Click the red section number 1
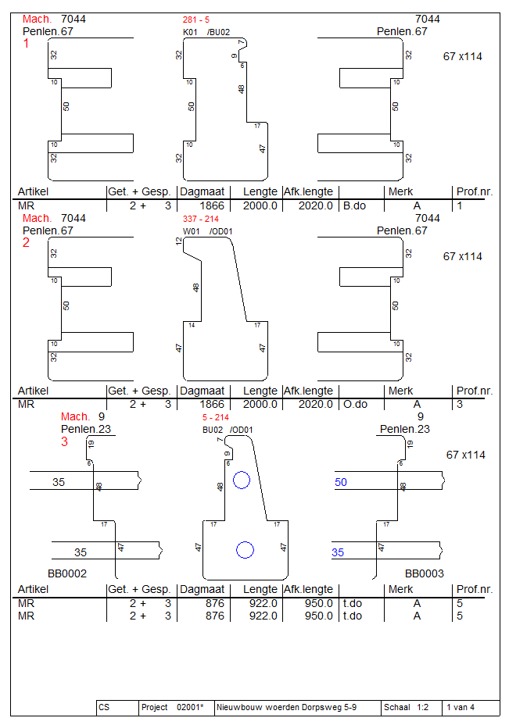click(27, 45)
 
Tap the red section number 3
click(65, 442)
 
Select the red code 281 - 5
click(195, 20)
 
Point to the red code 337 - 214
click(200, 219)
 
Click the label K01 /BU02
click(206, 32)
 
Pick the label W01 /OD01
click(207, 231)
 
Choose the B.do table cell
click(355, 206)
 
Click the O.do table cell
click(355, 405)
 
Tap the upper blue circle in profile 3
click(242, 480)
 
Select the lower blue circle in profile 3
click(246, 550)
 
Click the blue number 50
click(341, 483)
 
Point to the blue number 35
click(338, 552)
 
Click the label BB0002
click(67, 573)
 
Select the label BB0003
click(425, 573)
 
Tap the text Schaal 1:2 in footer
click(403, 708)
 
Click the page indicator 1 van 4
click(461, 708)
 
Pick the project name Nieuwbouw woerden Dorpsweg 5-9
click(286, 708)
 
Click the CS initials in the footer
click(104, 708)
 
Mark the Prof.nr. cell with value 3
click(460, 405)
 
